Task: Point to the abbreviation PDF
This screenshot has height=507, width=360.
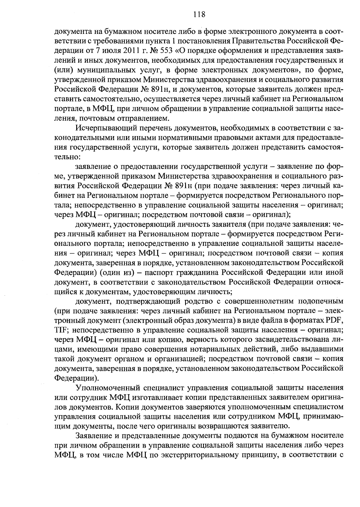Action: [x=335, y=320]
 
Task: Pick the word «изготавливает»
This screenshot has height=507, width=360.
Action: [x=158, y=398]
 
